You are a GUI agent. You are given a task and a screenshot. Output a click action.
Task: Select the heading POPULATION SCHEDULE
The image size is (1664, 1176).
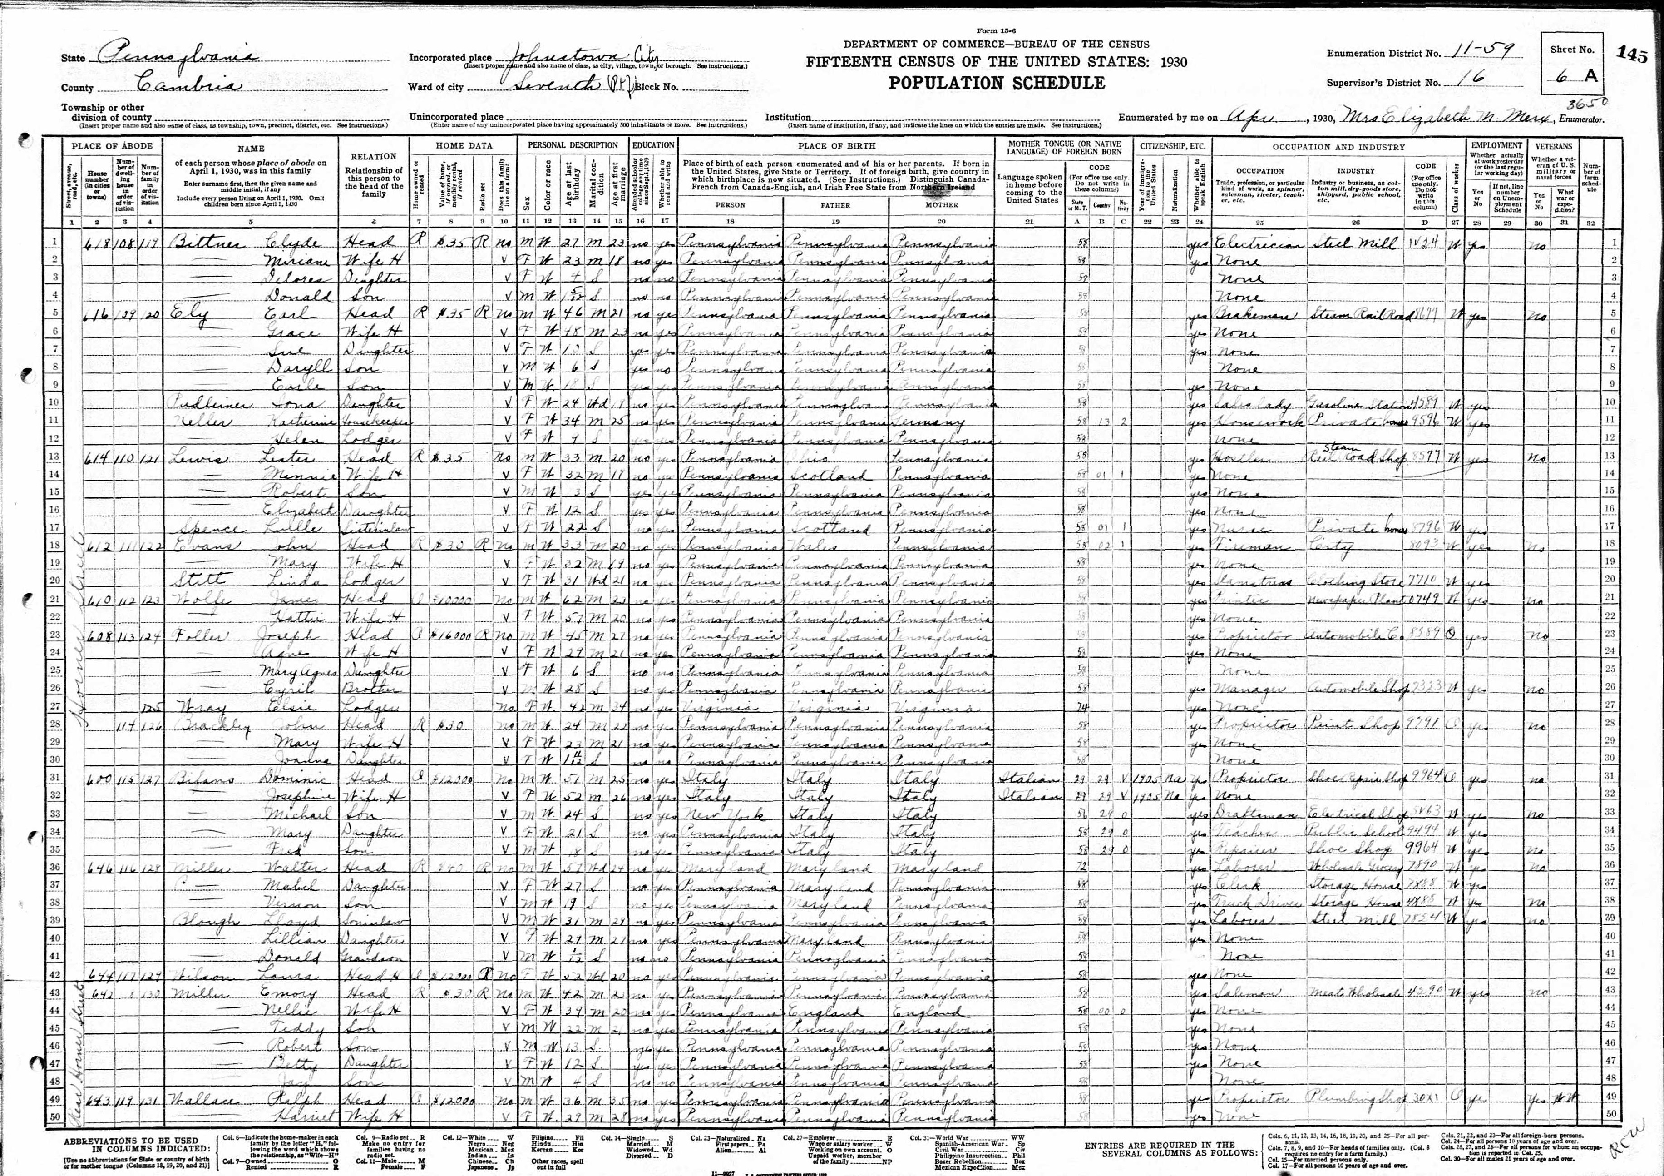[997, 83]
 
